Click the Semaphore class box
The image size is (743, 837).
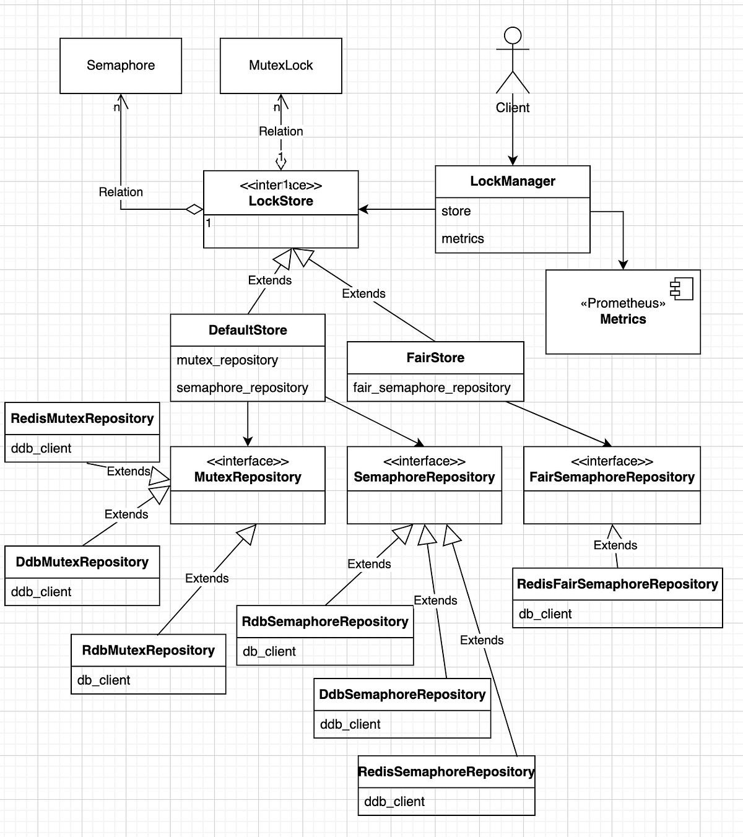click(x=121, y=66)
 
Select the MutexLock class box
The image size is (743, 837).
click(x=280, y=66)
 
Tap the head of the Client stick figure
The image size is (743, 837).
click(x=513, y=35)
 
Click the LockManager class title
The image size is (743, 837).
click(x=513, y=181)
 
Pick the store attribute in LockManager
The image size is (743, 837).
click(x=456, y=211)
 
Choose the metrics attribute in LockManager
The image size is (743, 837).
click(x=463, y=238)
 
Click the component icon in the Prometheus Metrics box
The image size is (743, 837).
click(x=682, y=288)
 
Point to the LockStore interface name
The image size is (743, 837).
click(x=280, y=201)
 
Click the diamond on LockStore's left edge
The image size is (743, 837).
click(x=194, y=209)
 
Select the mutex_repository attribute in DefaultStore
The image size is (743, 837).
click(x=227, y=360)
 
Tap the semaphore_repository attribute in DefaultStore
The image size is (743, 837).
click(x=242, y=388)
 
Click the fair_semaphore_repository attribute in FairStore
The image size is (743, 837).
click(x=432, y=388)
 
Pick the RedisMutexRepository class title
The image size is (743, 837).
click(x=82, y=418)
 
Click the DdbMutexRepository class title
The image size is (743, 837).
click(x=82, y=562)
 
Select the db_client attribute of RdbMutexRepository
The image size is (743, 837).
click(x=103, y=680)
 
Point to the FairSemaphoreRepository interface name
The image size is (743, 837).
click(x=612, y=477)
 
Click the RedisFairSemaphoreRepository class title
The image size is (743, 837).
click(x=617, y=584)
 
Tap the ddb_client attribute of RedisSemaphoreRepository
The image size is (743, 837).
click(x=394, y=802)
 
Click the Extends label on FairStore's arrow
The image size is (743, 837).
click(x=363, y=293)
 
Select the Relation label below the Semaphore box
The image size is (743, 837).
click(x=121, y=192)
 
